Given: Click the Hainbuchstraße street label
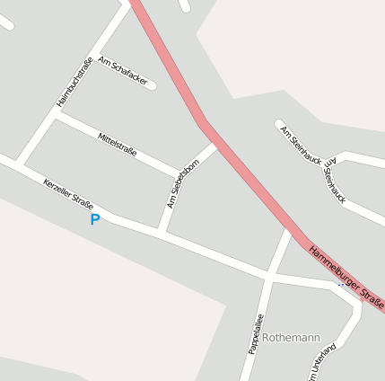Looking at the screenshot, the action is tap(74, 82).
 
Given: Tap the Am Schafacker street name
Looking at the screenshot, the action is tap(122, 70).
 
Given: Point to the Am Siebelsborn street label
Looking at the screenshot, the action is tap(181, 186).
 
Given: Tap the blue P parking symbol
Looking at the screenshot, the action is tap(94, 219).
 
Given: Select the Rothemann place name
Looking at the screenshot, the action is tap(291, 338).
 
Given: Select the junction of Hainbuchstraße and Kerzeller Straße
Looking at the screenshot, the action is tap(18, 164).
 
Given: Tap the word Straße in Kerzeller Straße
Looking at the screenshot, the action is tap(82, 204).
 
